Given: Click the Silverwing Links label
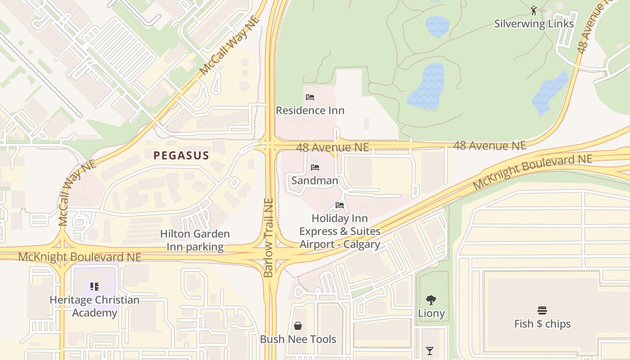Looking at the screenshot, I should pos(534,24).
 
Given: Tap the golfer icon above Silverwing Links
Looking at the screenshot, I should pos(534,10).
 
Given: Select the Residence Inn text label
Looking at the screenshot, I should pos(310,110).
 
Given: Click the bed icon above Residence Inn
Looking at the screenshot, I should pos(310,97).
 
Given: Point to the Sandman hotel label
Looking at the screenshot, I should pos(315,180).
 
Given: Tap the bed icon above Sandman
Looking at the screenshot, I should pos(315,167).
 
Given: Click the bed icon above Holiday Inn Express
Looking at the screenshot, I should pos(340,205).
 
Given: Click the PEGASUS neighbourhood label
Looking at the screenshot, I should pos(181,156).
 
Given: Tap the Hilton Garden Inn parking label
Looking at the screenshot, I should pos(195,240).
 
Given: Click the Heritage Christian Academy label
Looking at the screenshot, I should pos(94,306).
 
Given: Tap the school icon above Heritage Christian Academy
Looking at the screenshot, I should pos(94,287).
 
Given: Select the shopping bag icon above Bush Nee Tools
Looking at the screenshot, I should pos(298,326).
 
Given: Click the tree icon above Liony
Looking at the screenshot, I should pos(431,300).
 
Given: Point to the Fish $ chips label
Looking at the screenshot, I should pos(542,324).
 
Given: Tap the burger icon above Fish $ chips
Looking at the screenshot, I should pos(542,310).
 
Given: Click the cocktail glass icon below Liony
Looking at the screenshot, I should pos(430,351).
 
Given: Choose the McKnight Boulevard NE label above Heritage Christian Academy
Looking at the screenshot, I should pos(80,257).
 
